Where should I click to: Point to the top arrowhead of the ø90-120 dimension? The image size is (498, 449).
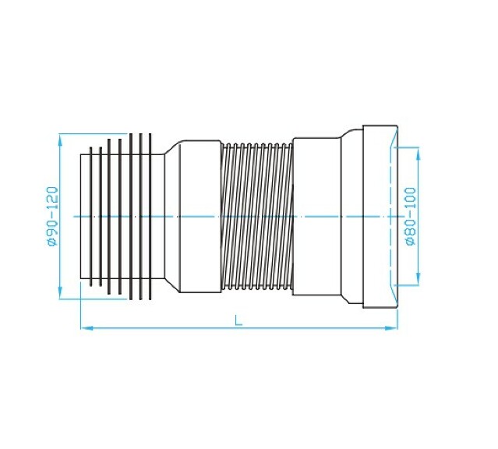point(61,139)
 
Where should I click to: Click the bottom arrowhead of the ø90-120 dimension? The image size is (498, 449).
point(61,294)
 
